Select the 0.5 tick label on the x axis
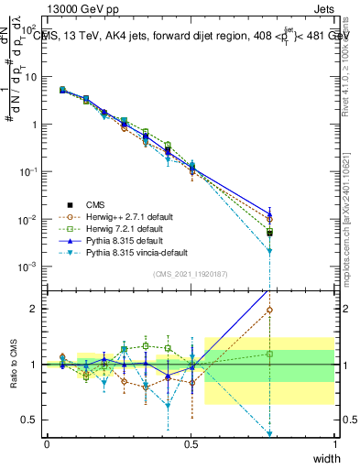(x=191, y=443)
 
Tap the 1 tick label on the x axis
(x=334, y=443)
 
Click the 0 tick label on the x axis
(x=47, y=443)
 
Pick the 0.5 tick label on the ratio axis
(x=32, y=420)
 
